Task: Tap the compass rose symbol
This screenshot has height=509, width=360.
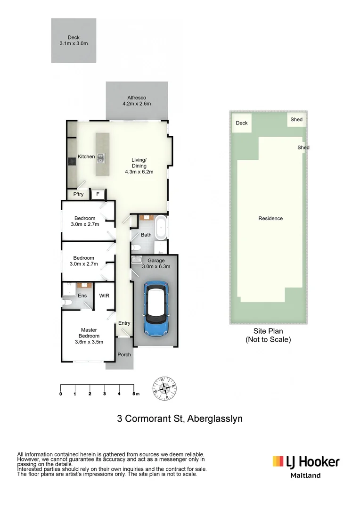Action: [165, 388]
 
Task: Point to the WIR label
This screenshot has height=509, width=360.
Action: [104, 296]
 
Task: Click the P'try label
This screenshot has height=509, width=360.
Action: [78, 194]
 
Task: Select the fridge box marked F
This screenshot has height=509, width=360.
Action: [98, 194]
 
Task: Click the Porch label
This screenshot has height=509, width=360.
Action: [124, 355]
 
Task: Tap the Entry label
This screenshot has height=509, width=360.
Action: [124, 323]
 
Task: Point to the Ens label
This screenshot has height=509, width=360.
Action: [82, 296]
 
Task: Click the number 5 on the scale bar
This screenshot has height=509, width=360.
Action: [134, 394]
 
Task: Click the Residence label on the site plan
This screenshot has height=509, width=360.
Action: [270, 219]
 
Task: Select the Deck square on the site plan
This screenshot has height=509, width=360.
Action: [242, 124]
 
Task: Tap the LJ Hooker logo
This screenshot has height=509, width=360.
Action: [305, 461]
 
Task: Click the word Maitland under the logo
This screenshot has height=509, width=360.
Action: [305, 476]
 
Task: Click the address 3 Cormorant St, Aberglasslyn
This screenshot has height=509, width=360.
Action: [180, 419]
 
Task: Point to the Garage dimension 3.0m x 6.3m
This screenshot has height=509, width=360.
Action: [156, 267]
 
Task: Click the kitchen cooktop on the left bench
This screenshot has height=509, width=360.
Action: [71, 161]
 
